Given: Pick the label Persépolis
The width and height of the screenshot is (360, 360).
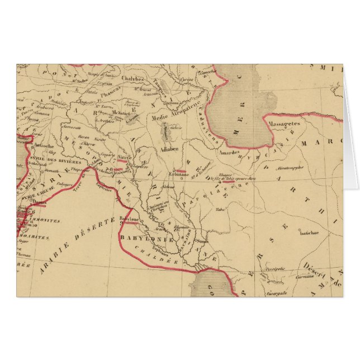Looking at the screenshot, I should click(x=280, y=269).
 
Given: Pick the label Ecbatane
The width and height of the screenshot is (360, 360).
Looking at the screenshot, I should click(x=180, y=174).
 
